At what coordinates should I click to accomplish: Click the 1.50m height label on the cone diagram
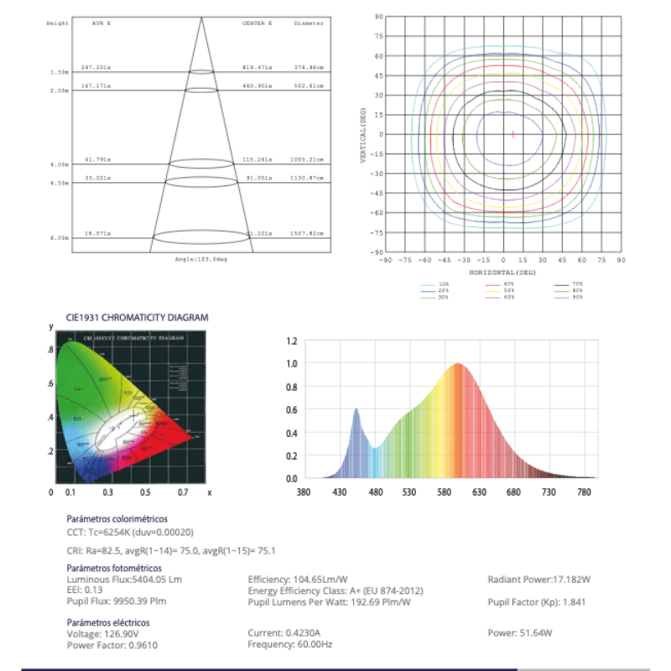pyautogui.click(x=59, y=73)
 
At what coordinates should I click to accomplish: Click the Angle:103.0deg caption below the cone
pyautogui.click(x=201, y=258)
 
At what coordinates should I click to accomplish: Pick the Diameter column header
pyautogui.click(x=308, y=23)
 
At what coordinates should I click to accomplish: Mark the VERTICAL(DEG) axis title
pyautogui.click(x=363, y=134)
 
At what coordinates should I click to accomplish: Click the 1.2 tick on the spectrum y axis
pyautogui.click(x=292, y=341)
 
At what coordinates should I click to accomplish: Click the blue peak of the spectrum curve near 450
pyautogui.click(x=356, y=409)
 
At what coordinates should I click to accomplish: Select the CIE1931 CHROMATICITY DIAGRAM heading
pyautogui.click(x=137, y=318)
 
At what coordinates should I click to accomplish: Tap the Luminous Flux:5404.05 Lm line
pyautogui.click(x=124, y=580)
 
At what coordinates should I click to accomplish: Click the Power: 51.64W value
pyautogui.click(x=519, y=633)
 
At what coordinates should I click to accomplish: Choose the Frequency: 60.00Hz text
pyautogui.click(x=290, y=644)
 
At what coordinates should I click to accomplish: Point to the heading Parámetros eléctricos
pyautogui.click(x=108, y=623)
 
